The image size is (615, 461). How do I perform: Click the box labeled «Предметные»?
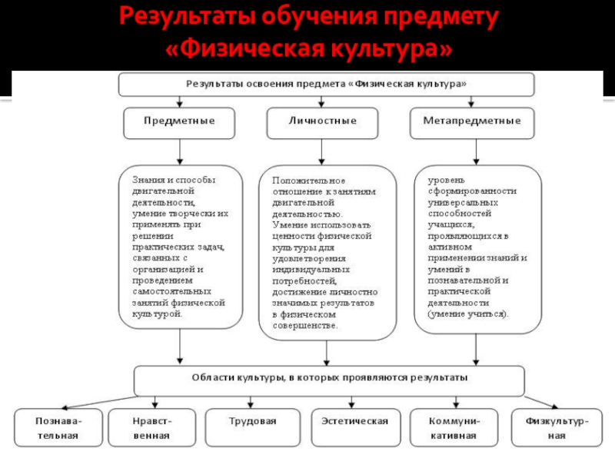click(x=179, y=122)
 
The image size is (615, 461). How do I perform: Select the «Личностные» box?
click(x=322, y=122)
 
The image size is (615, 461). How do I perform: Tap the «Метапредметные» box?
click(x=471, y=122)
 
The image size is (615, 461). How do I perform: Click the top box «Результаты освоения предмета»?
click(x=325, y=83)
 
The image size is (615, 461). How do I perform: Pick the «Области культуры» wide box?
click(x=329, y=379)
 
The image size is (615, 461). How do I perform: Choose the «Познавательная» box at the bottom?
click(x=58, y=428)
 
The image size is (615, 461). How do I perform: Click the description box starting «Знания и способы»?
click(x=181, y=246)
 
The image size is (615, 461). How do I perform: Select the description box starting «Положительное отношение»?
click(x=327, y=252)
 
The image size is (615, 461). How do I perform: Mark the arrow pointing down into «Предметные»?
click(x=179, y=101)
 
